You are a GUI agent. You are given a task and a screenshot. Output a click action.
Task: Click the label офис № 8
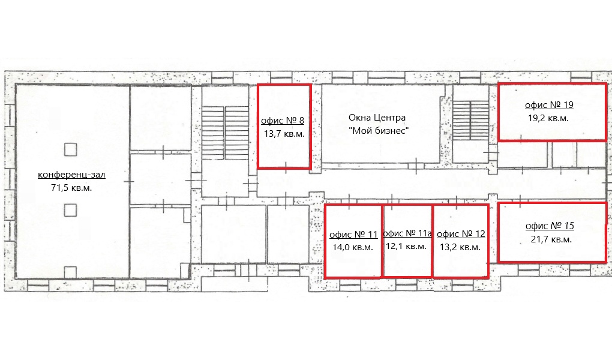pyautogui.click(x=283, y=121)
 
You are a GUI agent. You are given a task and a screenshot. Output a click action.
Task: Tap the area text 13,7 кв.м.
pyautogui.click(x=284, y=134)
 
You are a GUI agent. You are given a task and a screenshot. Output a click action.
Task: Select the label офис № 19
pyautogui.click(x=549, y=105)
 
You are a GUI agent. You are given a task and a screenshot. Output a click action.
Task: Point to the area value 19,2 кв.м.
pyautogui.click(x=548, y=118)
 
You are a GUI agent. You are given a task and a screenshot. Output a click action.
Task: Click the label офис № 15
pyautogui.click(x=550, y=226)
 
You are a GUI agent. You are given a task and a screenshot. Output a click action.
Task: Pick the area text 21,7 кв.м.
pyautogui.click(x=551, y=239)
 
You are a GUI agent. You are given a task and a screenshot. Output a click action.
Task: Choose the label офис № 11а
pyautogui.click(x=407, y=233)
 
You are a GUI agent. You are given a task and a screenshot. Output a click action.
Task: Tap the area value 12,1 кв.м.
pyautogui.click(x=406, y=247)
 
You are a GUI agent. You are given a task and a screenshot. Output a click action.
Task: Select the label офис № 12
pyautogui.click(x=461, y=234)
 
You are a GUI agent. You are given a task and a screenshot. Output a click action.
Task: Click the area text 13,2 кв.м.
pyautogui.click(x=460, y=248)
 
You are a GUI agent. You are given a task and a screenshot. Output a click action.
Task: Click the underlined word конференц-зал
pyautogui.click(x=71, y=175)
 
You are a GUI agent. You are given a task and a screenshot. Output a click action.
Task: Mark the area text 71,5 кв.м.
pyautogui.click(x=71, y=188)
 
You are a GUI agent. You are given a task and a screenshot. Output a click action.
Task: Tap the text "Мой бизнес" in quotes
pyautogui.click(x=379, y=131)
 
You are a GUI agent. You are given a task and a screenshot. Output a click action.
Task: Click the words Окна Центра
pyautogui.click(x=377, y=118)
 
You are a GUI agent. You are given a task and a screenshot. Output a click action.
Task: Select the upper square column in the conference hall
pyautogui.click(x=70, y=149)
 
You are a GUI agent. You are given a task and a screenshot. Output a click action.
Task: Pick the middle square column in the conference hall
pyautogui.click(x=70, y=211)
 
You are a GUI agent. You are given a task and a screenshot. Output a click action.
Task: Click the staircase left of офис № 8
pyautogui.click(x=226, y=133)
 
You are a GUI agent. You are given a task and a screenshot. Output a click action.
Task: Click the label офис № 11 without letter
pyautogui.click(x=353, y=235)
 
